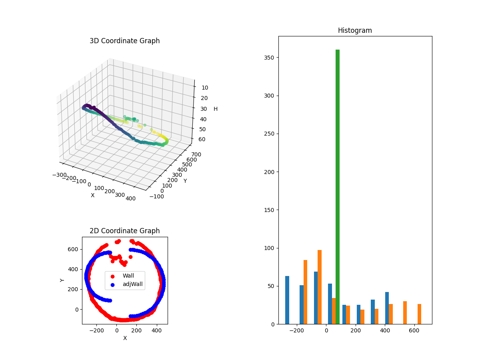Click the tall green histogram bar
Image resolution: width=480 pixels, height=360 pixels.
(338, 187)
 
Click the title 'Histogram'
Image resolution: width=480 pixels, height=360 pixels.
(355, 30)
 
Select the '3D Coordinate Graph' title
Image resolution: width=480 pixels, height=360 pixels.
(124, 41)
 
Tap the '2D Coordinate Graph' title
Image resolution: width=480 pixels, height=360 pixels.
(124, 231)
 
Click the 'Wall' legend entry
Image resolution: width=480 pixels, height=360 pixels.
(128, 276)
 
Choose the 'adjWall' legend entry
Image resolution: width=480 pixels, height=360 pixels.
(132, 285)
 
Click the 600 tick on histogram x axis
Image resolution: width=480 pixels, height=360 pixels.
(414, 330)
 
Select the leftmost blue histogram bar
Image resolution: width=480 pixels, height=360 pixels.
(287, 300)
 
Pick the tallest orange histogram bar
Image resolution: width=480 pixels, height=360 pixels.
(320, 287)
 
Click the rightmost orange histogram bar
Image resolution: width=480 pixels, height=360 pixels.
(419, 314)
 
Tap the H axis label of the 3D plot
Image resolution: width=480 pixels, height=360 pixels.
(216, 109)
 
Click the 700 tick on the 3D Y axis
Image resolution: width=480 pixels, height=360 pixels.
(196, 154)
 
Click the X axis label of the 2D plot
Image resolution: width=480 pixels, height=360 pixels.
(125, 338)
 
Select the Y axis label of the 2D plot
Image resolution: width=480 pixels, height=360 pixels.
(62, 280)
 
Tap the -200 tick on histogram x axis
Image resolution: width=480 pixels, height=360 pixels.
(297, 330)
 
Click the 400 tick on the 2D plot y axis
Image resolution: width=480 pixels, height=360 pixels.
(74, 269)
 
